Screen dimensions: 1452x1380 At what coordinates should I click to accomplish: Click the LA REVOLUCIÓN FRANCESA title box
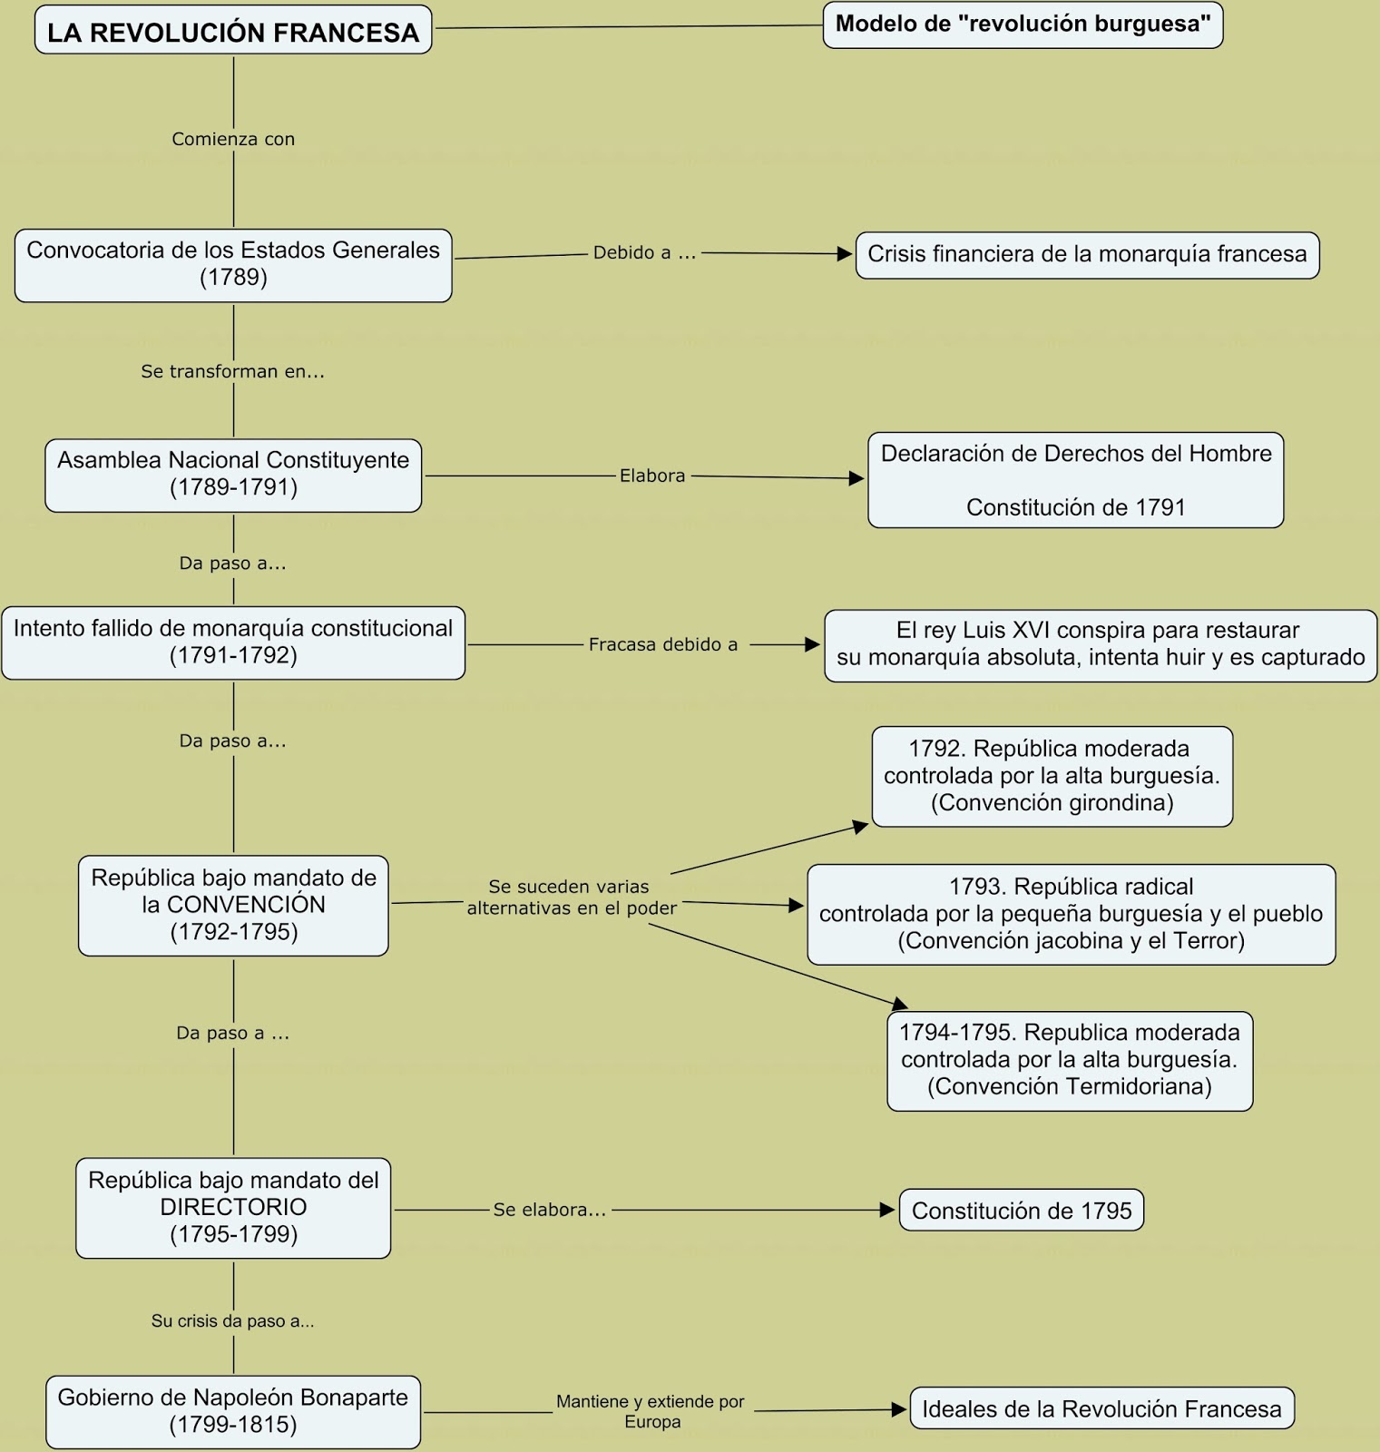pyautogui.click(x=233, y=32)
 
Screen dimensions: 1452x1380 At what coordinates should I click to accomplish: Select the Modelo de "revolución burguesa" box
pyautogui.click(x=1023, y=25)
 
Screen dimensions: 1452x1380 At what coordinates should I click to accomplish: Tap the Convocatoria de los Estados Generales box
pyautogui.click(x=233, y=264)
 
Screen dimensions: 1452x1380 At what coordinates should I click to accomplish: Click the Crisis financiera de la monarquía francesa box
pyautogui.click(x=1087, y=255)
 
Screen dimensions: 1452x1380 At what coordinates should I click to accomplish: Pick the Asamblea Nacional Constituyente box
pyautogui.click(x=233, y=474)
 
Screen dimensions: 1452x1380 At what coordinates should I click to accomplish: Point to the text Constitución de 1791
pyautogui.click(x=1075, y=507)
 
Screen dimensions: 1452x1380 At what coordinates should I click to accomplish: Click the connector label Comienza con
pyautogui.click(x=233, y=139)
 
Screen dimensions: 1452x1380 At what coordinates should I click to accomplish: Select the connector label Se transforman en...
pyautogui.click(x=233, y=371)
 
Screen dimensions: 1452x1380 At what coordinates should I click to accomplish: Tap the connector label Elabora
pyautogui.click(x=652, y=476)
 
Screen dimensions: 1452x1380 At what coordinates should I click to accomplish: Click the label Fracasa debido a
pyautogui.click(x=663, y=644)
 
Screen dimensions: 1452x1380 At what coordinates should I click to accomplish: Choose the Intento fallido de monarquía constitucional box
pyautogui.click(x=233, y=643)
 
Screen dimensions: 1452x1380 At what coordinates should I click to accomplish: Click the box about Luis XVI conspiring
pyautogui.click(x=1101, y=644)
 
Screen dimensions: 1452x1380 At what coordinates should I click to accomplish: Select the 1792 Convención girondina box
pyautogui.click(x=1052, y=776)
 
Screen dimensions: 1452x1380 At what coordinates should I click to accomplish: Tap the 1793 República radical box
pyautogui.click(x=1071, y=914)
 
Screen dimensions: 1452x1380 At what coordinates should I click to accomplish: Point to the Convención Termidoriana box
pyautogui.click(x=1070, y=1060)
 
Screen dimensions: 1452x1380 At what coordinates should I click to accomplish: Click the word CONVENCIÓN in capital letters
pyautogui.click(x=246, y=905)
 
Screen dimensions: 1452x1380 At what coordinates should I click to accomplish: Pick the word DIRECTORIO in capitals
pyautogui.click(x=233, y=1207)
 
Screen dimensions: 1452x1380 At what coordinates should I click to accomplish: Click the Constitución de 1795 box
pyautogui.click(x=1022, y=1211)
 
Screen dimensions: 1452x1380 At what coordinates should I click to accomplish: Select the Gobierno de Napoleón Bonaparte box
pyautogui.click(x=233, y=1411)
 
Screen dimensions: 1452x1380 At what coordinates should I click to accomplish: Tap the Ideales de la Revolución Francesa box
pyautogui.click(x=1101, y=1409)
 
